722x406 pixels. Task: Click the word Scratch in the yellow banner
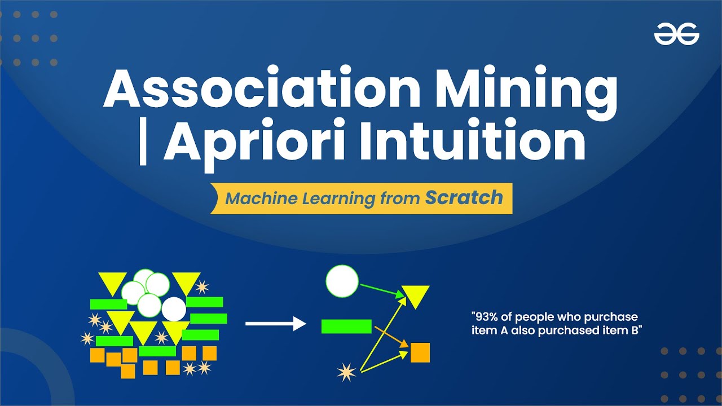(x=464, y=198)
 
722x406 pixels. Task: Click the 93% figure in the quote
(x=486, y=317)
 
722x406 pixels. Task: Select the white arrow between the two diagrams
(x=275, y=324)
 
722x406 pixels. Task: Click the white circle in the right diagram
(x=342, y=281)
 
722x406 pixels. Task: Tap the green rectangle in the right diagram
(x=346, y=326)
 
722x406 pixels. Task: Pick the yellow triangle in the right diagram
(x=416, y=295)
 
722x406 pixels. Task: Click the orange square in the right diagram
(x=420, y=352)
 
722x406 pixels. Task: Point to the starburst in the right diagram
(x=345, y=372)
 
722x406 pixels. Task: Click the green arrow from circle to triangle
(x=381, y=289)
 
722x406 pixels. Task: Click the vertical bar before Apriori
(x=142, y=144)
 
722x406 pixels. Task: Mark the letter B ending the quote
(x=638, y=331)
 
